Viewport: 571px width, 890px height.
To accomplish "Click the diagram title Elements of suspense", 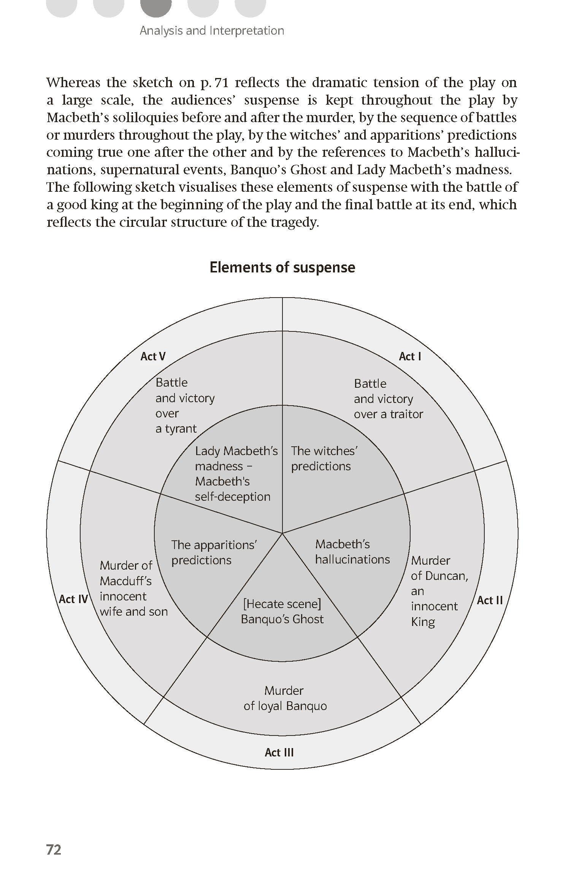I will [x=282, y=267].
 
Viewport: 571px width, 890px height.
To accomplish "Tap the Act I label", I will [x=410, y=357].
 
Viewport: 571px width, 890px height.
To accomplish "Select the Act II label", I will [x=490, y=600].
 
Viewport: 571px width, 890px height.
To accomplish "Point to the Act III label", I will [x=279, y=752].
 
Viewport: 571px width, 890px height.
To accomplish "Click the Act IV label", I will [x=73, y=599].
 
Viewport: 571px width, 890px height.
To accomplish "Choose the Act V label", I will [x=153, y=357].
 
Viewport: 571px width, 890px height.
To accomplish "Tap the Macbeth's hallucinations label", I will [x=352, y=552].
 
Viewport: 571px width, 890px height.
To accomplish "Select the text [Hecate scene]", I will [x=282, y=604].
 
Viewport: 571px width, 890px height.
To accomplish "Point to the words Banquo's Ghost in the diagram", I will [x=282, y=619].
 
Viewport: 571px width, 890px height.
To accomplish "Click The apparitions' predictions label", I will [x=214, y=552].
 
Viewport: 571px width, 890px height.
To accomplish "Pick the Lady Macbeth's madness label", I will [x=236, y=459].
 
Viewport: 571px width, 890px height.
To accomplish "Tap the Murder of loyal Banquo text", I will [x=285, y=698].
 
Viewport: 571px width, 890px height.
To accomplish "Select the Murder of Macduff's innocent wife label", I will [x=133, y=588].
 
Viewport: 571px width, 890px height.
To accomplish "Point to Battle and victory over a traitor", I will [x=388, y=399].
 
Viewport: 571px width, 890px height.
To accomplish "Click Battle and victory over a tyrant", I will [x=185, y=406].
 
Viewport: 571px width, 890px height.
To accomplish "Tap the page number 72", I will [x=54, y=850].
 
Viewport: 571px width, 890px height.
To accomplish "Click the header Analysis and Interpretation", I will [x=212, y=31].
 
